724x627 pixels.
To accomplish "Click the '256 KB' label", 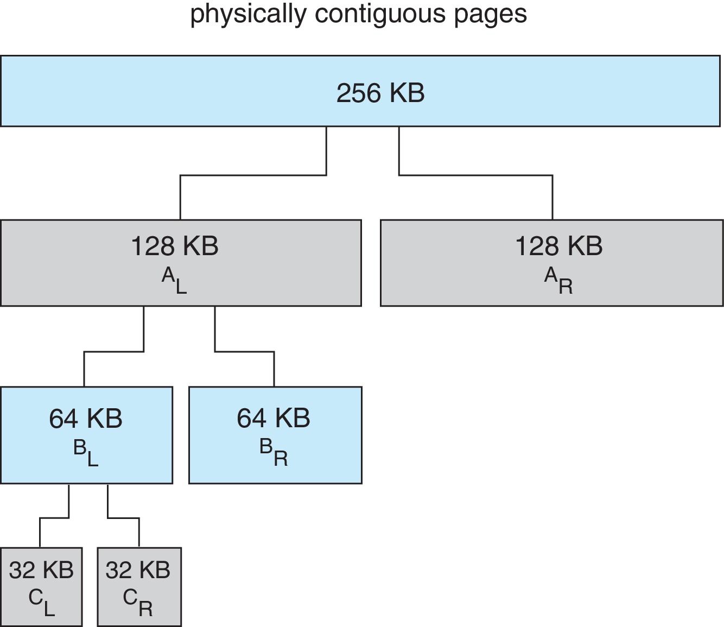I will coord(380,93).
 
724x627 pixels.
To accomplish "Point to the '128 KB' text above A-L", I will coord(175,246).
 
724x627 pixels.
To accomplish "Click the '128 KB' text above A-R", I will coord(558,246).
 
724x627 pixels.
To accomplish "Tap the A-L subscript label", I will coord(174,281).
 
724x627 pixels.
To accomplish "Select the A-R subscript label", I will coord(558,281).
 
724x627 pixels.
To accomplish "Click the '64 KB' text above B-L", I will coord(86,419).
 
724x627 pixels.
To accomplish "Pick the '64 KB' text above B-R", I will coord(274,418).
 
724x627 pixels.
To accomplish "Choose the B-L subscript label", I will coord(86,453).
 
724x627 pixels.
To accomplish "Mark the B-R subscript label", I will coord(274,453).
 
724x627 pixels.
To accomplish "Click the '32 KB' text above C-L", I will coord(41,570).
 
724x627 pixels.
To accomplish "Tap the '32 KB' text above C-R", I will coord(138,570).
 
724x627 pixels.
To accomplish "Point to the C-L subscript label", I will coord(42,603).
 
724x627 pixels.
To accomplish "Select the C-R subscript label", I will coord(138,603).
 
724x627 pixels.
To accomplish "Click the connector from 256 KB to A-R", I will coord(476,175).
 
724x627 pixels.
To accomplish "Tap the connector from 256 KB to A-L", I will coord(253,175).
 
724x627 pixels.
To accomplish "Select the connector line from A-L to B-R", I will coord(244,352).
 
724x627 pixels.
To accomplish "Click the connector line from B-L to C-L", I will coord(54,518).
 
